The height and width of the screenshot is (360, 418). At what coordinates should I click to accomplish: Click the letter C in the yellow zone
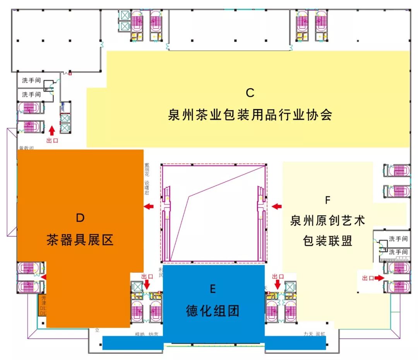[250, 93]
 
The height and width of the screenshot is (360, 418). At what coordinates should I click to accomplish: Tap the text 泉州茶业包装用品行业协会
[250, 115]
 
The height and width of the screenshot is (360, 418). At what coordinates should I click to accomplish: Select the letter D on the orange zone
[80, 218]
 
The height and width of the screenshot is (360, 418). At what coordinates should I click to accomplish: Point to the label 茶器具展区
[80, 240]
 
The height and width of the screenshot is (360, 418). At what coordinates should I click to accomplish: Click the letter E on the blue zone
[212, 289]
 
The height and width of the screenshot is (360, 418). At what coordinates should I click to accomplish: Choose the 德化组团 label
[212, 310]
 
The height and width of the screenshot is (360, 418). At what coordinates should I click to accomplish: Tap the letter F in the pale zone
[327, 200]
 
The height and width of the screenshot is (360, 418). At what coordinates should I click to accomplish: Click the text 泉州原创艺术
[327, 221]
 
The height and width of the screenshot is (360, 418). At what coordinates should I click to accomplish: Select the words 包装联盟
[327, 241]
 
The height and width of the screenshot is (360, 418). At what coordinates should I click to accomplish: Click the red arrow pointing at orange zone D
[149, 207]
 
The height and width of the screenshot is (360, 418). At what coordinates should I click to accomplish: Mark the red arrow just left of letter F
[277, 207]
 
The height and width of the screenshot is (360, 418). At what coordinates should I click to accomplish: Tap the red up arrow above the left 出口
[52, 130]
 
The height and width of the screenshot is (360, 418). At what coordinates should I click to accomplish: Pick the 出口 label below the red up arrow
[52, 141]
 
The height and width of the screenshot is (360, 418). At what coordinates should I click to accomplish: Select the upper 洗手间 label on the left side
[31, 81]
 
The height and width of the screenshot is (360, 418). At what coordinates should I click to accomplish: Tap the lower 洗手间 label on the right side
[398, 252]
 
